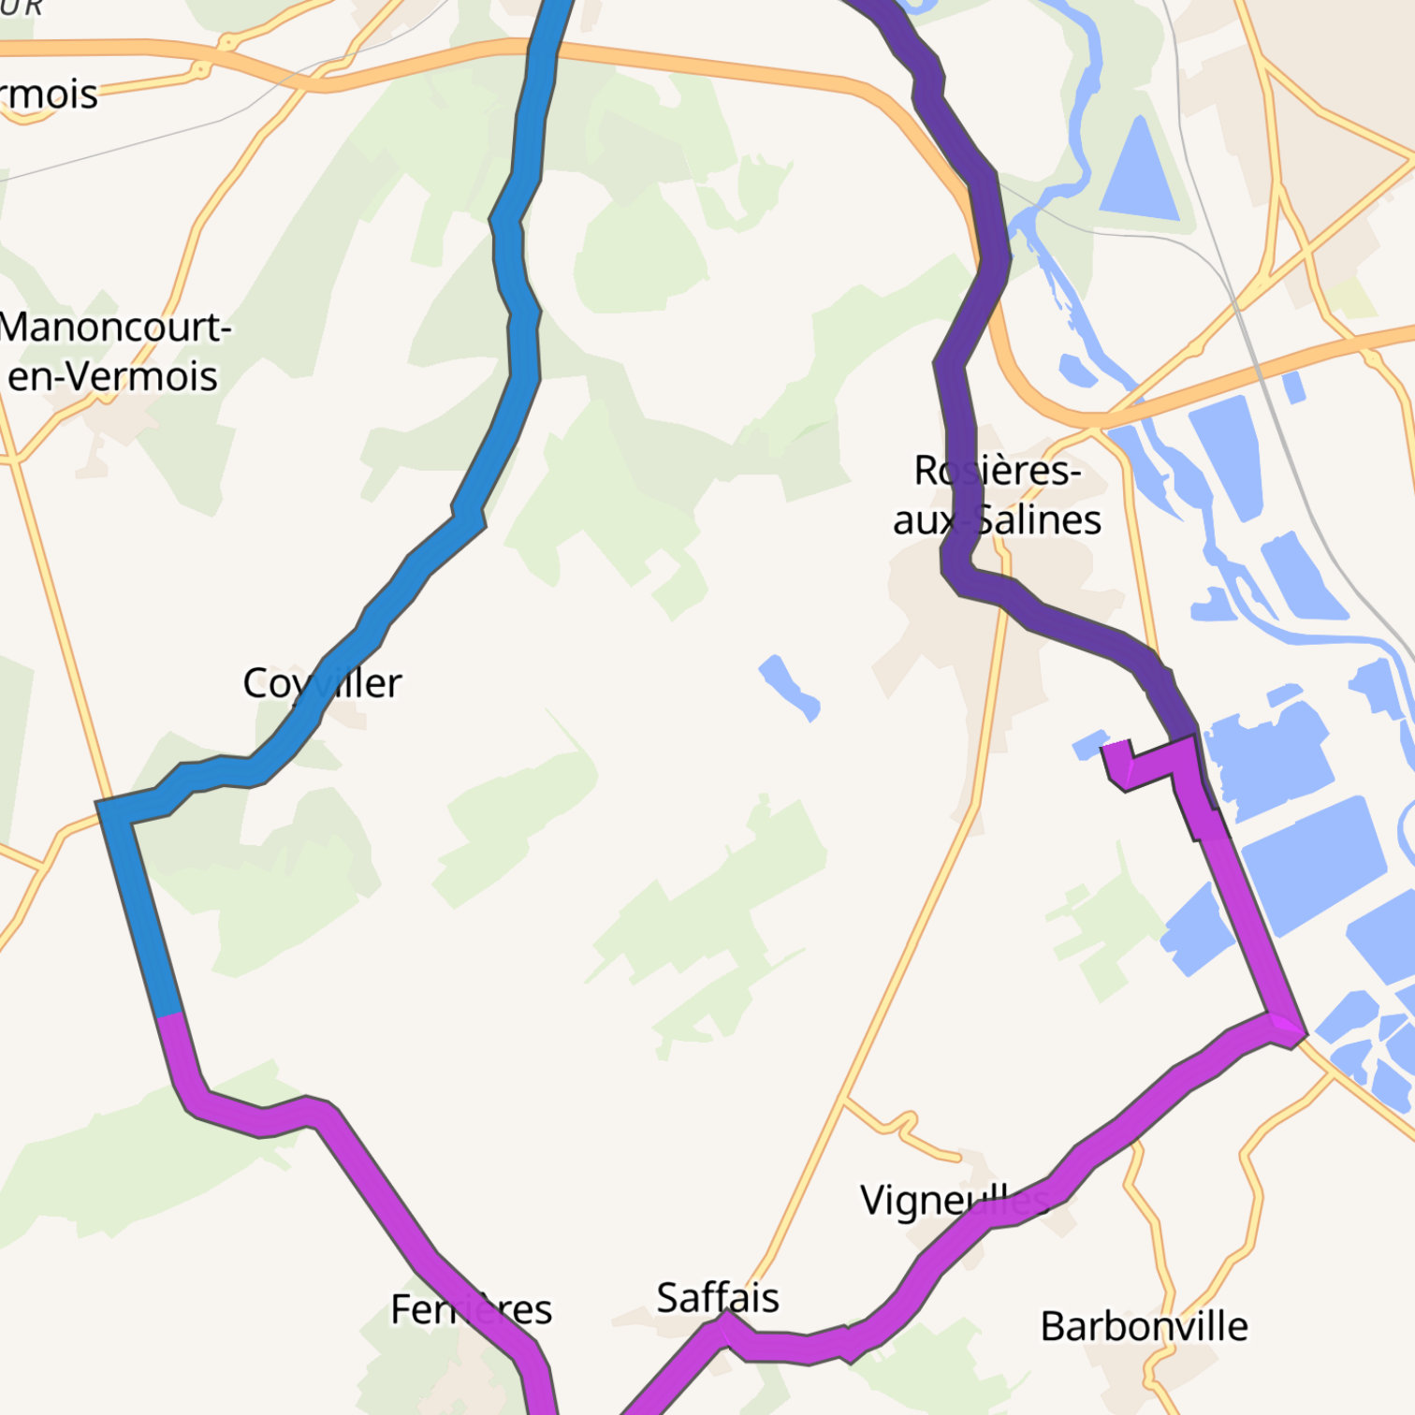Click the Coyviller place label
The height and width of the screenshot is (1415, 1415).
pyautogui.click(x=322, y=683)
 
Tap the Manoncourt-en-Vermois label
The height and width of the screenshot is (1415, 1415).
pyautogui.click(x=114, y=352)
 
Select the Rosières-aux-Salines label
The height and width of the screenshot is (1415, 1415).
pyautogui.click(x=997, y=495)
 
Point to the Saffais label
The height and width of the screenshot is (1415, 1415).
pyautogui.click(x=718, y=1298)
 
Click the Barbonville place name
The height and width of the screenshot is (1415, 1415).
pyautogui.click(x=1144, y=1326)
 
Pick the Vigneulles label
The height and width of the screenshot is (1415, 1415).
pyautogui.click(x=955, y=1200)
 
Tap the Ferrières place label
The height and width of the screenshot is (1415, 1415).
pyautogui.click(x=471, y=1309)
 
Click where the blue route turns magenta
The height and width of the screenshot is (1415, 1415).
pyautogui.click(x=169, y=1015)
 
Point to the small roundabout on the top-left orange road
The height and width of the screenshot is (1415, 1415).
pyautogui.click(x=199, y=69)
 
